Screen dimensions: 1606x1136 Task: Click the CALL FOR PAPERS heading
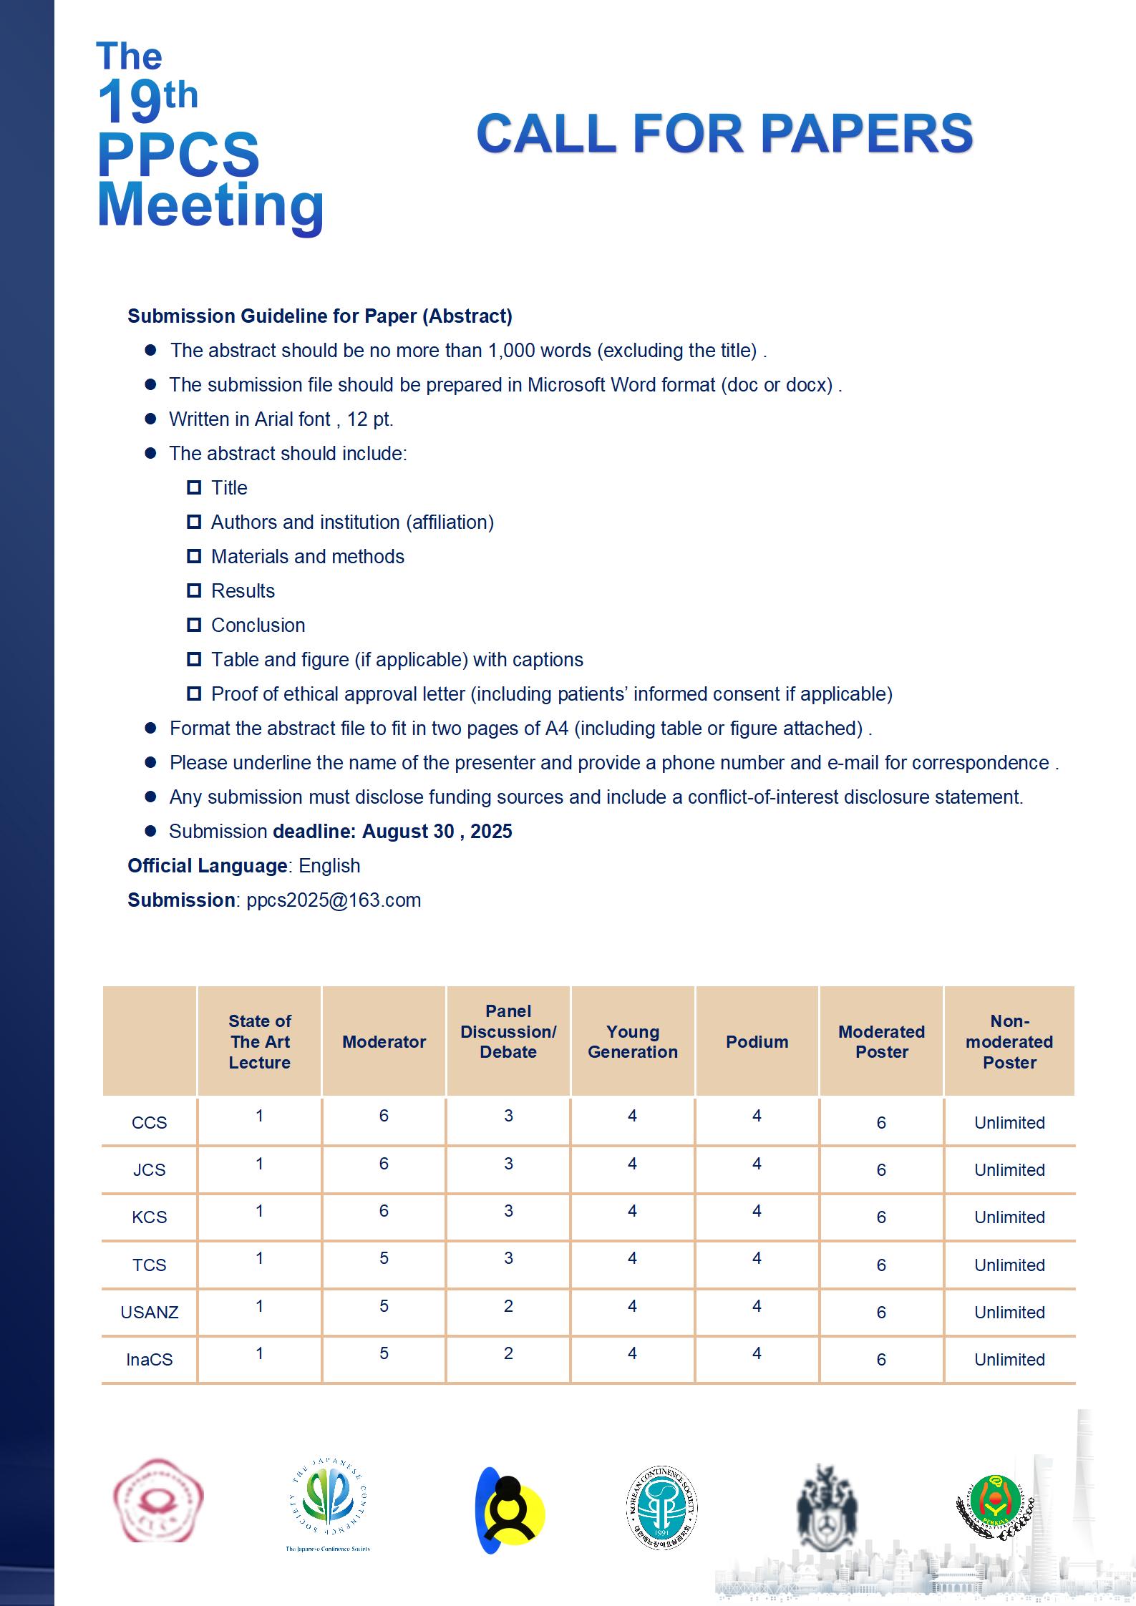point(724,134)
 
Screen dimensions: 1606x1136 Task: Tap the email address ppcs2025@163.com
point(334,900)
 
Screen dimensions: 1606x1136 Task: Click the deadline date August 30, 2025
point(437,831)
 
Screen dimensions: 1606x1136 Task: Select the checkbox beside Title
point(194,487)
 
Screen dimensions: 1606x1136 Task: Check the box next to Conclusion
point(194,625)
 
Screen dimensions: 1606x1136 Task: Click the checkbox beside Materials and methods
point(194,556)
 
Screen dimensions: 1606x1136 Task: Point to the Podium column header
point(757,1041)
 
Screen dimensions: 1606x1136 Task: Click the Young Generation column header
point(632,1041)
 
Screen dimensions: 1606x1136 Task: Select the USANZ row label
point(149,1312)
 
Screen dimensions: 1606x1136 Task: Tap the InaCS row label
point(149,1359)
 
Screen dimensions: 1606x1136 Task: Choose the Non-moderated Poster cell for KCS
point(1009,1217)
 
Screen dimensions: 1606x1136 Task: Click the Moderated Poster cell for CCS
point(881,1122)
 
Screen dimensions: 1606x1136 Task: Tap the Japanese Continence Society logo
point(328,1505)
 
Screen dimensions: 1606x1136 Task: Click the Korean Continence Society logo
point(661,1507)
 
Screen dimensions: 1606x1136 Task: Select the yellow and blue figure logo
point(509,1510)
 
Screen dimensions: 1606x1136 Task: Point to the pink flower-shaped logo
point(158,1500)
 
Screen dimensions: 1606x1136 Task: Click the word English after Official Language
point(329,865)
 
